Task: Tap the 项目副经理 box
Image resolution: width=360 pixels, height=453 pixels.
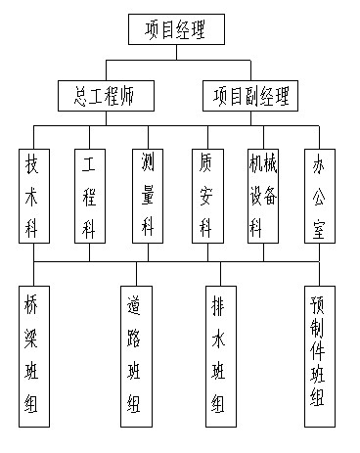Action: pyautogui.click(x=251, y=96)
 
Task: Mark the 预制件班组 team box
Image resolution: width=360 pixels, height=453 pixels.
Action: pyautogui.click(x=317, y=353)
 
